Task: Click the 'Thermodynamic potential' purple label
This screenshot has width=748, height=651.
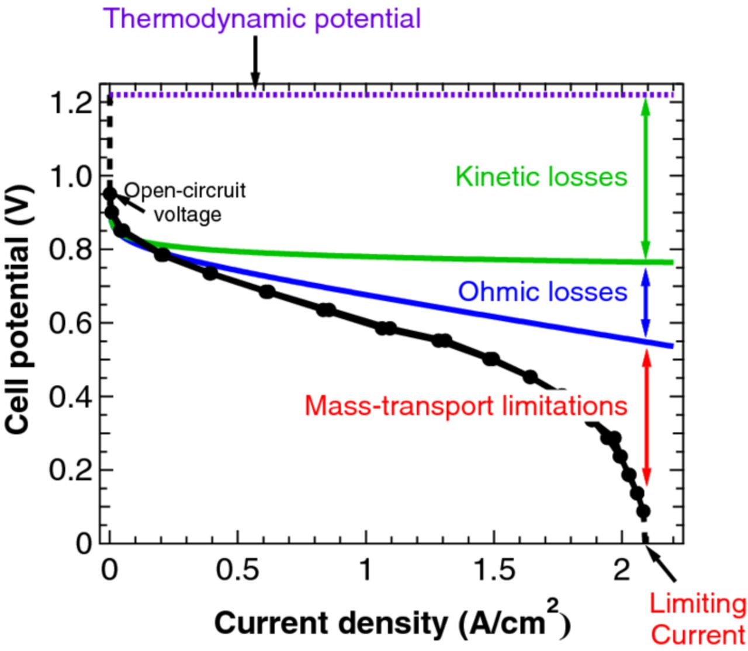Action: click(x=264, y=19)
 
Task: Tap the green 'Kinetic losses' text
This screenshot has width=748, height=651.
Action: click(x=541, y=176)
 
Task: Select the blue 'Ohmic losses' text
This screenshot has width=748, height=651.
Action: click(x=542, y=291)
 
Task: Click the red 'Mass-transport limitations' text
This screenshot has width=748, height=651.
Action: click(x=466, y=405)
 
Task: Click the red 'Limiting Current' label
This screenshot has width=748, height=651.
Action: click(x=697, y=619)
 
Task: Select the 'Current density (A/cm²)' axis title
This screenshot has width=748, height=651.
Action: click(x=391, y=624)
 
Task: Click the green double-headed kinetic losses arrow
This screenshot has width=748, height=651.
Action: click(x=646, y=178)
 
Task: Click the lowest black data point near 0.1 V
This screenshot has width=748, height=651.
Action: click(x=643, y=512)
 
